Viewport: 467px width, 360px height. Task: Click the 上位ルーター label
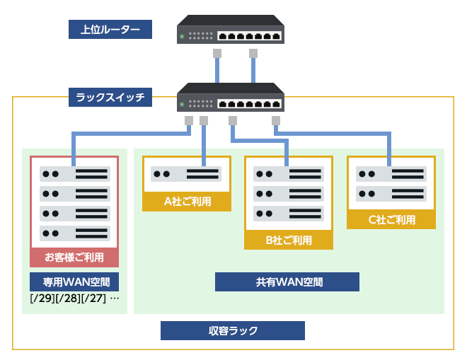110,30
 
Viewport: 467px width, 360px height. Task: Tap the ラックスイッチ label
110,97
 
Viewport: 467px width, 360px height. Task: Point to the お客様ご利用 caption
74,257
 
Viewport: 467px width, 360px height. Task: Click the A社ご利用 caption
188,202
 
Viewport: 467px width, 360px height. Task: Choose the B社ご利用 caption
289,240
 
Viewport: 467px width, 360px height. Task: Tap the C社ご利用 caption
391,220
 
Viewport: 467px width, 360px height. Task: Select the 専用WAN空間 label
74,281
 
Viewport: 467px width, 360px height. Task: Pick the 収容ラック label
233,330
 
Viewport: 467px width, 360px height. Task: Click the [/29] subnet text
42,298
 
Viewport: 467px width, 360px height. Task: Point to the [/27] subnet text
93,298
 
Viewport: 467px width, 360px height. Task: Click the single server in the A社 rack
188,174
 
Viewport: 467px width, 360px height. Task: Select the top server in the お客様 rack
74,173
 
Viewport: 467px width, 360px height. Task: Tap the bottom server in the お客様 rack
74,233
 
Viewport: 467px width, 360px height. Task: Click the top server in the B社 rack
289,174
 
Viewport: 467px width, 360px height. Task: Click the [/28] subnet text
68,298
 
